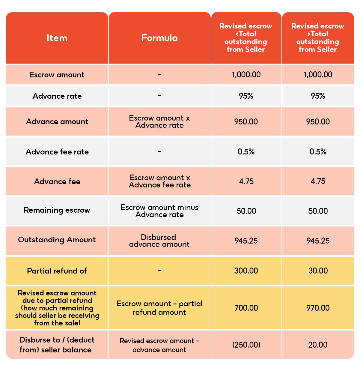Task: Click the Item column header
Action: (x=57, y=38)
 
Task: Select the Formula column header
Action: (x=159, y=38)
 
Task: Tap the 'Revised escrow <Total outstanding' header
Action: (x=246, y=38)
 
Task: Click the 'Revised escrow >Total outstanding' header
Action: (x=318, y=38)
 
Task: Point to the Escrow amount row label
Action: (x=57, y=75)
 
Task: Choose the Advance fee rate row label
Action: (x=57, y=152)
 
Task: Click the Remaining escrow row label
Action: (x=57, y=210)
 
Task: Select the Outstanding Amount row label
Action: (x=57, y=240)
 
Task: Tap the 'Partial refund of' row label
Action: (x=57, y=271)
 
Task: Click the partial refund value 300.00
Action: (x=246, y=271)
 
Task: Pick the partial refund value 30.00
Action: (x=318, y=271)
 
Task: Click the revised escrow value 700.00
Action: (x=246, y=308)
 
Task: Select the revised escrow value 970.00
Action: (x=318, y=308)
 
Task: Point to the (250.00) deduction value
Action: (x=246, y=345)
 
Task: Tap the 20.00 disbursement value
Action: (x=318, y=345)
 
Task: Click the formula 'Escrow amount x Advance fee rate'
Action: (x=160, y=181)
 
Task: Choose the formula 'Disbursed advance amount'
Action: (x=159, y=241)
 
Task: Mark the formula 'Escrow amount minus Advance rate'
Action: (x=159, y=211)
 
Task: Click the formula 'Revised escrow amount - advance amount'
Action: (x=159, y=345)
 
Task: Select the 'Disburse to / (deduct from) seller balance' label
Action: (x=57, y=345)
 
